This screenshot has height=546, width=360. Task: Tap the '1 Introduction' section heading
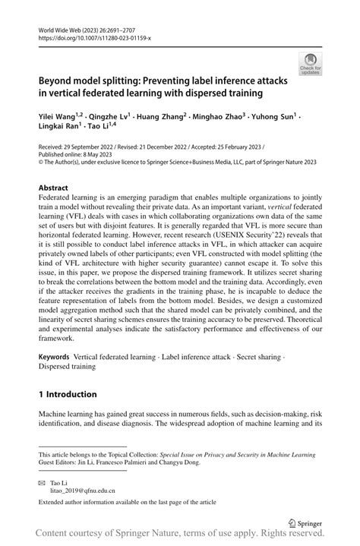[68, 394]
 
